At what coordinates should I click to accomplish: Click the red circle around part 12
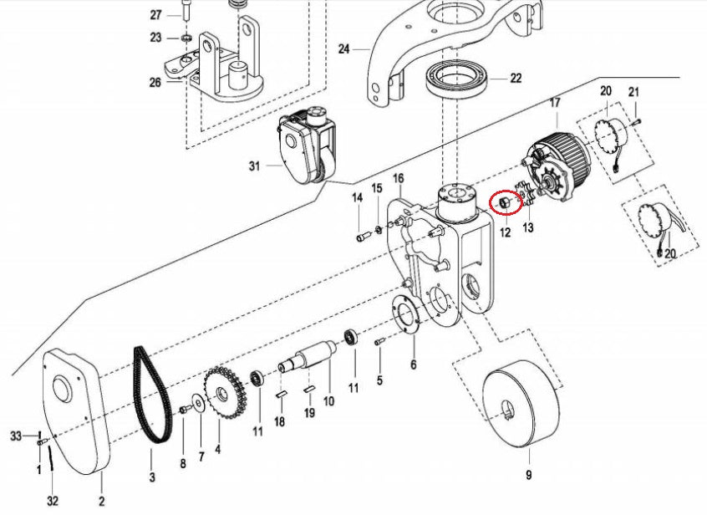tap(503, 203)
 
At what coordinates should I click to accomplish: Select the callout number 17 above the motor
tap(553, 104)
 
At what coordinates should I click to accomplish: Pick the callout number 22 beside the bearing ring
tap(516, 79)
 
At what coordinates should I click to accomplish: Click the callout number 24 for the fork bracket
tap(343, 49)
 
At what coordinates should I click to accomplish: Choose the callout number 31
tap(255, 166)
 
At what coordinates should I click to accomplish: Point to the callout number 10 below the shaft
tap(328, 401)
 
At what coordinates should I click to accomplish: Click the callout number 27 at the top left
tap(155, 15)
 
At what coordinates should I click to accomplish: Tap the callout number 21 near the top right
tap(633, 91)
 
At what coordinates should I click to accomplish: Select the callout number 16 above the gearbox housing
tap(398, 179)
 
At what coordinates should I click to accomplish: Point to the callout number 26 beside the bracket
tap(155, 82)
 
